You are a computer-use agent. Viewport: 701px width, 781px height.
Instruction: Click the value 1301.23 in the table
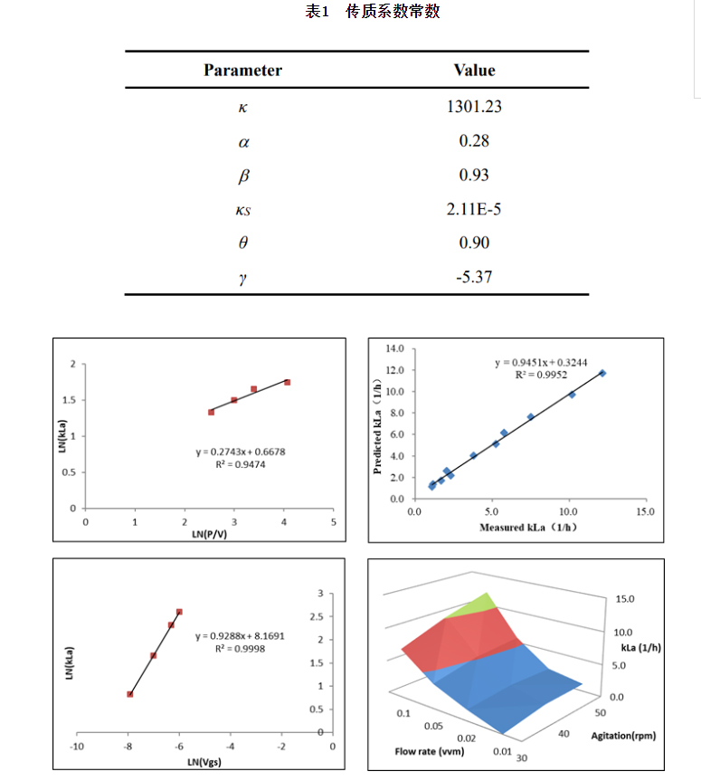coord(474,107)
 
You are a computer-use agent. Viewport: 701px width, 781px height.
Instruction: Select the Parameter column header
coord(242,70)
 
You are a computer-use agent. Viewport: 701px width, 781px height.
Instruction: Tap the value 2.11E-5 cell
coord(474,209)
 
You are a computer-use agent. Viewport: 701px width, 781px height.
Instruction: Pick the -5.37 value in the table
coord(474,277)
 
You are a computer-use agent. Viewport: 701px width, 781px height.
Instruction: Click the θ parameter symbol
coord(242,243)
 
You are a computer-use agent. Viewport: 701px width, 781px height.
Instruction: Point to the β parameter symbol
coord(242,176)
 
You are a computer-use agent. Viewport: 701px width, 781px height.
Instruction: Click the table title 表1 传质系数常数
coord(373,12)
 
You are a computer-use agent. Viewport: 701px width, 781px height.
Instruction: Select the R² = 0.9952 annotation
coord(540,375)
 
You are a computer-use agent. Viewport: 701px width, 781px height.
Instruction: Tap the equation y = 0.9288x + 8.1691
coord(240,635)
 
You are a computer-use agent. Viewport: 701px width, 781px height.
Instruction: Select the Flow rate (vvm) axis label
coord(428,751)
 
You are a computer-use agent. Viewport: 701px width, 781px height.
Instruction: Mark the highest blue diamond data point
coord(602,373)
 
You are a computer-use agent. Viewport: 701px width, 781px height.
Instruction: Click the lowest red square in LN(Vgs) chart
coord(130,694)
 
